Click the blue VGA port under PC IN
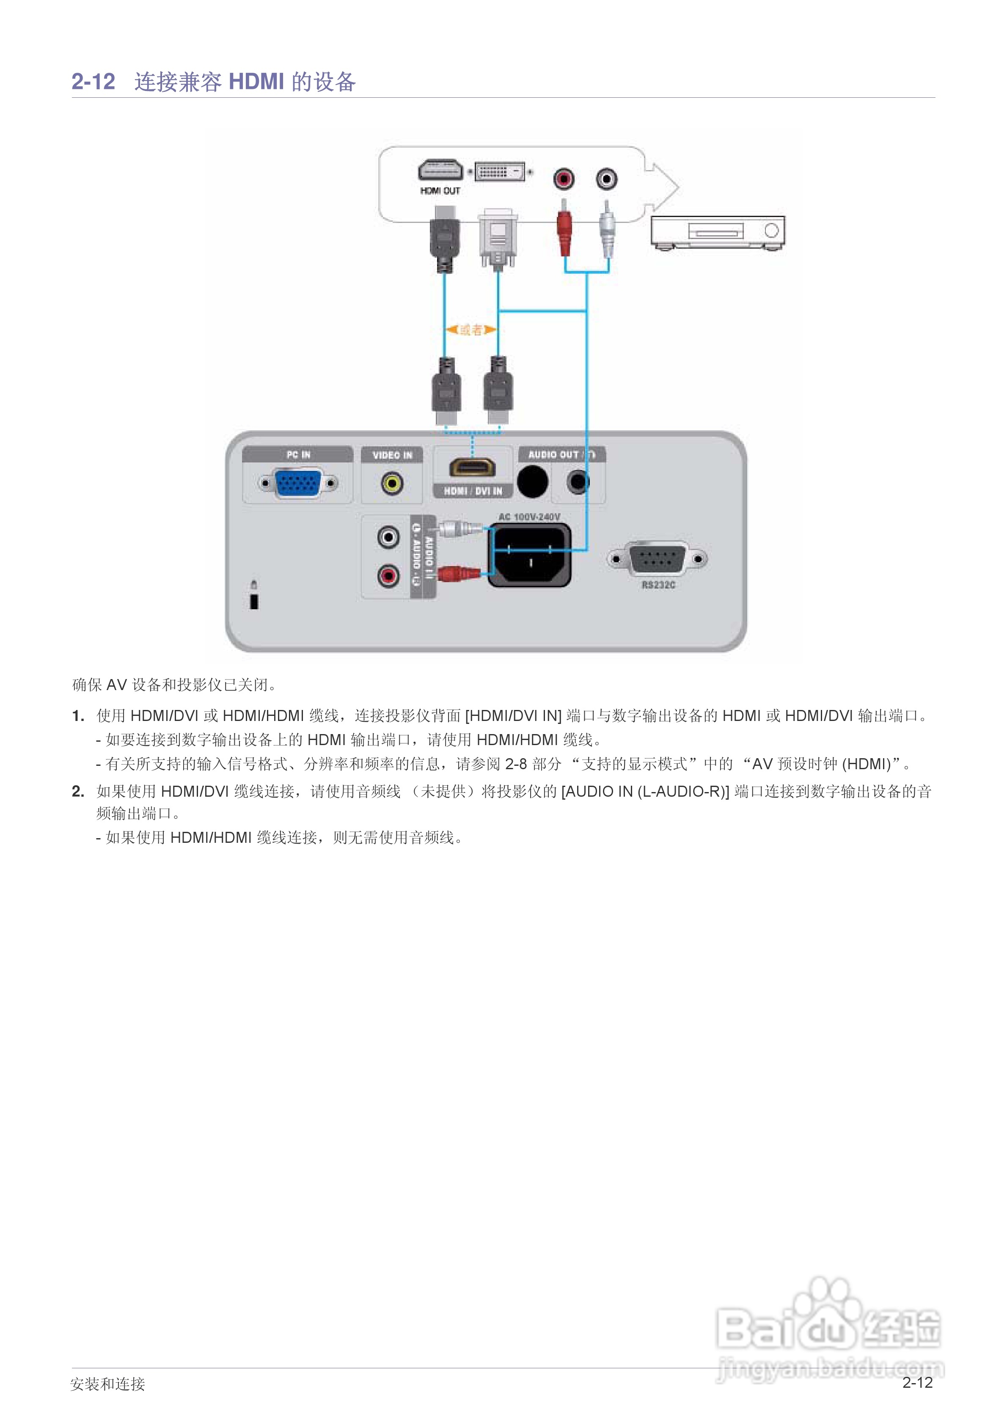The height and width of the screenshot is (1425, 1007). pos(298,484)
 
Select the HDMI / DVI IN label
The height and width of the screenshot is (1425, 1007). pos(473,491)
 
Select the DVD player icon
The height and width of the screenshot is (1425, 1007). pos(718,232)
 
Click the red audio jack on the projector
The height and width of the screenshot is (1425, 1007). pos(388,576)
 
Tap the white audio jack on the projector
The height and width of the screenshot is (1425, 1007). pos(388,536)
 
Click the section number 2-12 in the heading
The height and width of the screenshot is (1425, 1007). pos(93,81)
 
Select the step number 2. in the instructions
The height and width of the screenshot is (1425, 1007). pos(77,791)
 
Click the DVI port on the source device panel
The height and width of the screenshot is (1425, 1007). pos(500,171)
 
